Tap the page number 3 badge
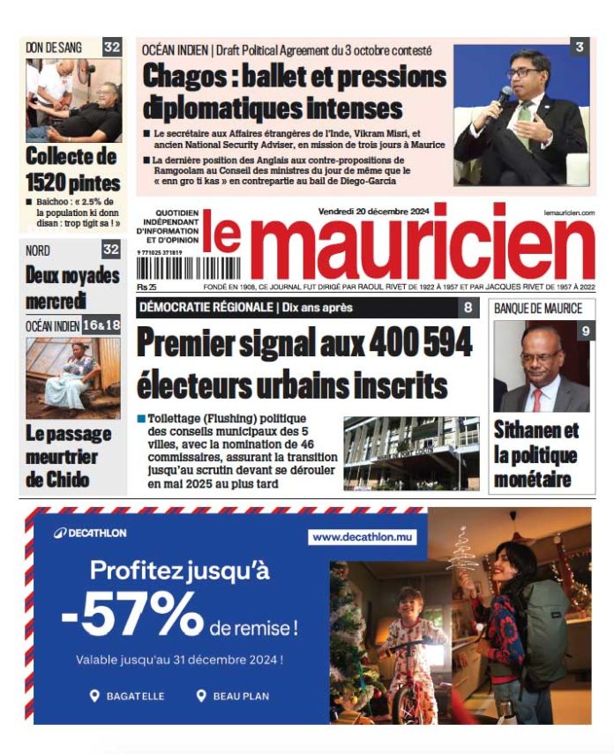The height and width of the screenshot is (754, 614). coord(578,48)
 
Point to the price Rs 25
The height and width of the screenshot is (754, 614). coord(146,287)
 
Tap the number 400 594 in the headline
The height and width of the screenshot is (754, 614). coord(414,341)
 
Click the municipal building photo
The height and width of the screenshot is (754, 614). coord(411,452)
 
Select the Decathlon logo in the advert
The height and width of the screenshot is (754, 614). coord(90,533)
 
